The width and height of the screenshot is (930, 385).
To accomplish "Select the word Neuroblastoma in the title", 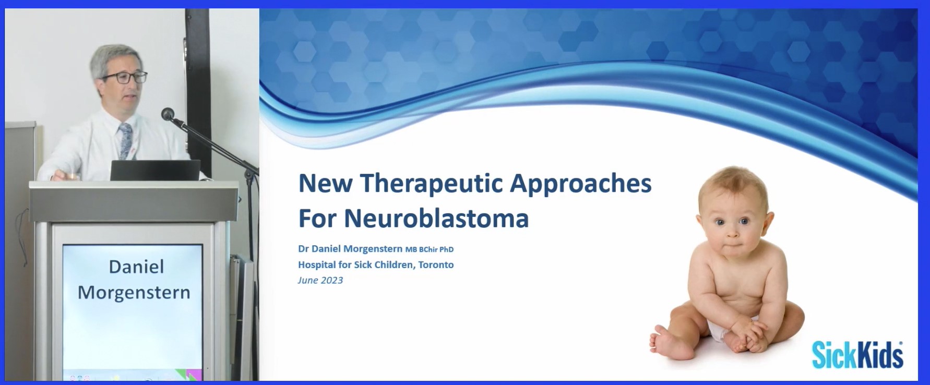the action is tap(436, 218).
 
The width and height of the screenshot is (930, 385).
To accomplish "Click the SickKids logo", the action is tap(857, 355).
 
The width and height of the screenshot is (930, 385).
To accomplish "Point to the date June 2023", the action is tap(320, 280).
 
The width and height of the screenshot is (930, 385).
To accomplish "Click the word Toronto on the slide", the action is tap(436, 264).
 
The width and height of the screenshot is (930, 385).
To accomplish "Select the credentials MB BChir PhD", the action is tap(430, 249).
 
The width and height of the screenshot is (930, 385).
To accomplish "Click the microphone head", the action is tap(168, 114).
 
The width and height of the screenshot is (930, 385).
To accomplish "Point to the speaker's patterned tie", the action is tap(125, 141).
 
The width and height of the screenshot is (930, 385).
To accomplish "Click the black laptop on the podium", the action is tap(155, 170).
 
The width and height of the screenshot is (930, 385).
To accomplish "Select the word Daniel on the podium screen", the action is tap(136, 267).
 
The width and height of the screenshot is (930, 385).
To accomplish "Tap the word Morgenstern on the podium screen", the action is tap(134, 293).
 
